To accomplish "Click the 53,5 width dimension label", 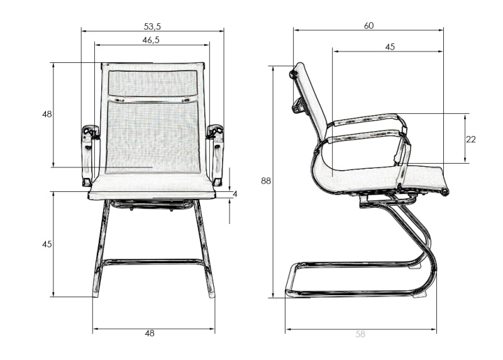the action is (152, 26).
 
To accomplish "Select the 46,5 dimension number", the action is (151, 40).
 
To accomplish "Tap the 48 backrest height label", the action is (47, 114).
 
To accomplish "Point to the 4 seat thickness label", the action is (235, 194).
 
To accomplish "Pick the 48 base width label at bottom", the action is (150, 334).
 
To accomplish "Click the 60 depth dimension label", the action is (368, 26).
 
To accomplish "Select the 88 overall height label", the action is (265, 181).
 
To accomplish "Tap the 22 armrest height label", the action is (470, 139).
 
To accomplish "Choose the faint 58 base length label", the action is (360, 334).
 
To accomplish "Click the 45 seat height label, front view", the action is (47, 244).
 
